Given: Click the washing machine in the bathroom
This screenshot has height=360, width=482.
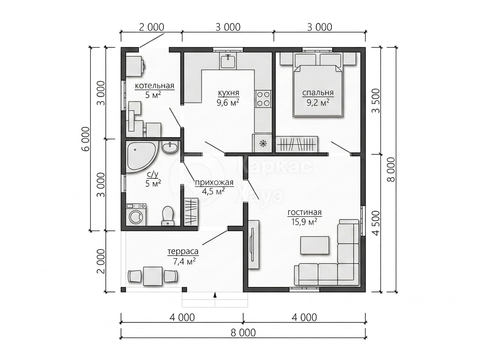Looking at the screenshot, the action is pos(136,214).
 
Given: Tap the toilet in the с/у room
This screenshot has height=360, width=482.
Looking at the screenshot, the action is pos(168,215).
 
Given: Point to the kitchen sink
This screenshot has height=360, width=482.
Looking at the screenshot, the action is pos(228,61).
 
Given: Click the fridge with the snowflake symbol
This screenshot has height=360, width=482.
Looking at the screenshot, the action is pos(262,143).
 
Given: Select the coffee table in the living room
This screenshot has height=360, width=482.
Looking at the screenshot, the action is pos(315,245).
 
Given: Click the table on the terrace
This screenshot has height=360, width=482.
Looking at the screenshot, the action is pos(153,276).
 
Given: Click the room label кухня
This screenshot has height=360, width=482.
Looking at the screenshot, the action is pos(229,93).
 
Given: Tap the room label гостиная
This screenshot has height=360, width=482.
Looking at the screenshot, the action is pos(304,213).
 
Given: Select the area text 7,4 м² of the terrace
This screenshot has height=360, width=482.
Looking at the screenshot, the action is pos(184,262).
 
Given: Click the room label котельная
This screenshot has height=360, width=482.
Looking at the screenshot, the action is pos(154,86).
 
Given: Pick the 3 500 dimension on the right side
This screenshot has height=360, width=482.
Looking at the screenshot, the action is pos(376,100).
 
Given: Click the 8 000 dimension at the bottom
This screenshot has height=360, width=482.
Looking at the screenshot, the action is pos(243,333).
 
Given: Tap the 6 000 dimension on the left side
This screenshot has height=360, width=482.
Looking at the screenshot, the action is pos(86,139).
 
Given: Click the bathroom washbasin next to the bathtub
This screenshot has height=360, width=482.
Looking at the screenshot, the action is pos(170,147).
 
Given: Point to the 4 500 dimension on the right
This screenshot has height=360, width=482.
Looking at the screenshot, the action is pos(376,223).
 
